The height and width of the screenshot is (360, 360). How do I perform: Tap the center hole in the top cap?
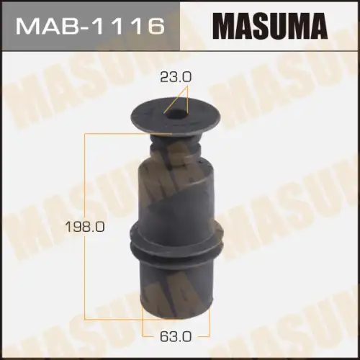[175, 113]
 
